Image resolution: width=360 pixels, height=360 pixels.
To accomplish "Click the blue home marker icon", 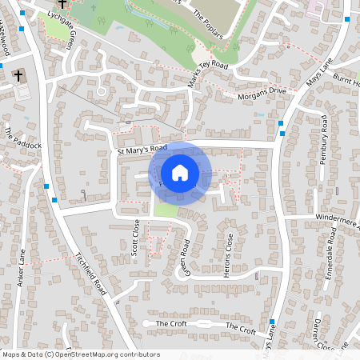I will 180,172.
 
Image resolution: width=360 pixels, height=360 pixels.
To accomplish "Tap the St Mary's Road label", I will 142,150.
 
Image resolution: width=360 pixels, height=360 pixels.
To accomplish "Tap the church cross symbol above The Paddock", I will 18,76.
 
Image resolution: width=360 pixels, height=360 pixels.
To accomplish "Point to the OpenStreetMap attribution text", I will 80,354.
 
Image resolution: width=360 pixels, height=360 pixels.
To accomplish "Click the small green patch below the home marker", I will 164,210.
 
